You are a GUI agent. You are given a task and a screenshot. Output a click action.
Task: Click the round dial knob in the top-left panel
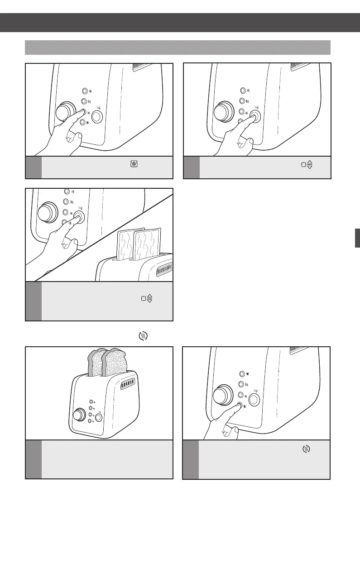(x=66, y=111)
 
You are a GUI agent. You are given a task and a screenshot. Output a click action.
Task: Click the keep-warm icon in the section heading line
(x=143, y=336)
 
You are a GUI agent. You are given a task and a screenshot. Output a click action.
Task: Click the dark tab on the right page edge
(x=357, y=238)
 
